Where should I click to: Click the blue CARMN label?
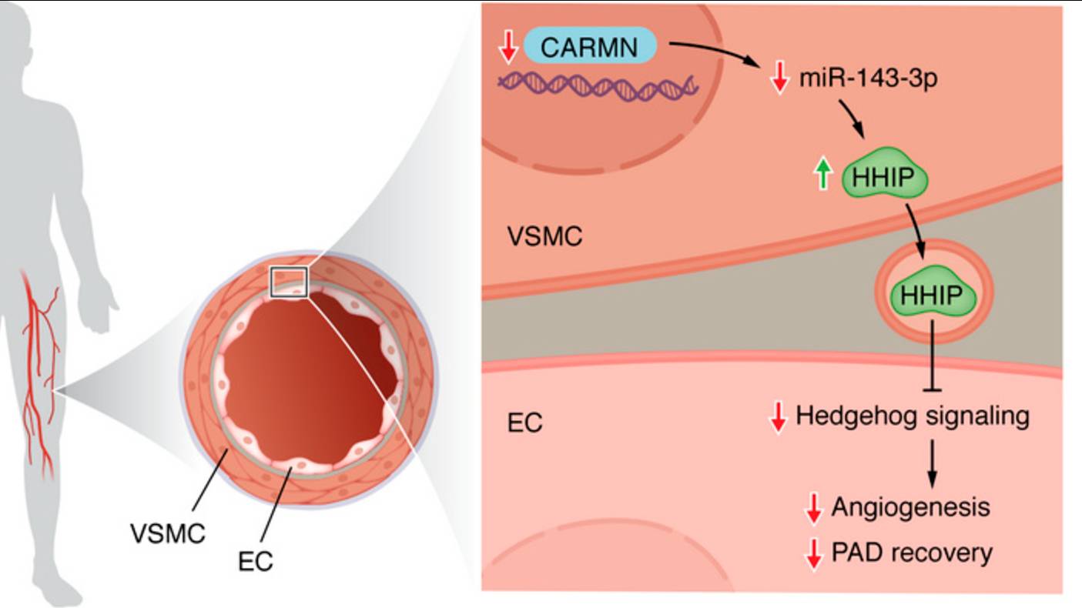[x=590, y=47]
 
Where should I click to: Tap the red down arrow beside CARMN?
[x=507, y=47]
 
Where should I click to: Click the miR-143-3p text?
[x=867, y=78]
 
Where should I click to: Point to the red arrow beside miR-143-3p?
[x=779, y=78]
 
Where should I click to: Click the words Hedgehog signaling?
[x=912, y=416]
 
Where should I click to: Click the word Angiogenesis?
[x=910, y=508]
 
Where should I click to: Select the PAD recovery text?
[x=912, y=553]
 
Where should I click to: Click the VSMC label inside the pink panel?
[x=544, y=236]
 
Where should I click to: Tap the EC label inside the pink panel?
[x=524, y=423]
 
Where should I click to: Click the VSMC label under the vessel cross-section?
[x=168, y=533]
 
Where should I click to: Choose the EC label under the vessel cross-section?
[x=256, y=561]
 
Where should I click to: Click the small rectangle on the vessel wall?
[x=289, y=282]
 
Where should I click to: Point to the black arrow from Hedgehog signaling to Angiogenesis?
[x=933, y=463]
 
